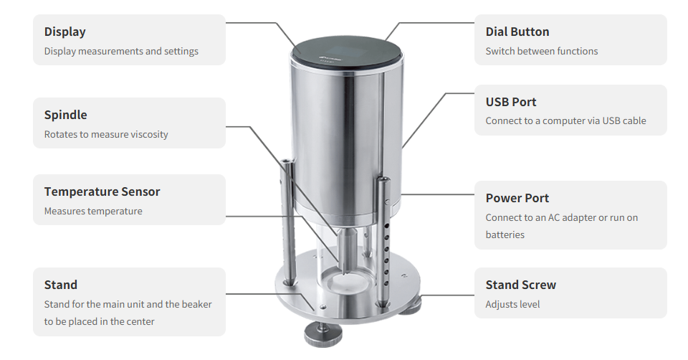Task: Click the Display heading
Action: (65, 32)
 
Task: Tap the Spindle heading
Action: (66, 115)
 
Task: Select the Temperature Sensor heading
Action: (102, 192)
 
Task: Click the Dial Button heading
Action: (517, 32)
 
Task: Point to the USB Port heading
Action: (511, 102)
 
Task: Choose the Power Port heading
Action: (517, 198)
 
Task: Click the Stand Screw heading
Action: (521, 285)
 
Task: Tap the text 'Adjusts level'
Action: (512, 304)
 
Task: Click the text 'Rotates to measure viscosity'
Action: (106, 134)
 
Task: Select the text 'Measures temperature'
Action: (93, 211)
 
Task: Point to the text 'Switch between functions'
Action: (542, 52)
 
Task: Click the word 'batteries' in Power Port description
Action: (505, 235)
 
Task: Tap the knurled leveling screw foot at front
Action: (323, 334)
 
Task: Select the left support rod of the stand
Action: (288, 222)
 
